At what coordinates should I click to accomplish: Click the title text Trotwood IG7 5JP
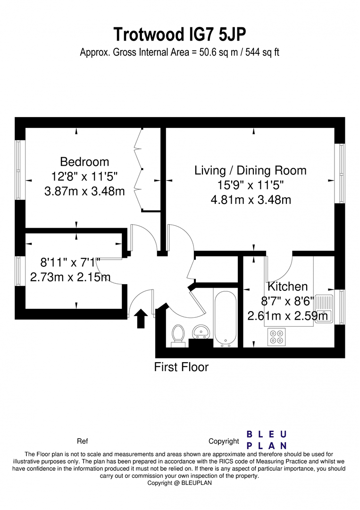(180, 34)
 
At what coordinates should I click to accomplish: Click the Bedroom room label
(84, 161)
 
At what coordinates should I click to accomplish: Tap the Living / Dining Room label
(251, 170)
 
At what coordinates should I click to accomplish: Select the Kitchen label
(287, 286)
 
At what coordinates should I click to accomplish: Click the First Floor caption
(181, 367)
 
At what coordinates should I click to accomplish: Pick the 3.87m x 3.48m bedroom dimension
(84, 191)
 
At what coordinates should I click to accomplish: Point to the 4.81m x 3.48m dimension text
(251, 200)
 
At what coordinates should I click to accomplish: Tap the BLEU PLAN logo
(267, 440)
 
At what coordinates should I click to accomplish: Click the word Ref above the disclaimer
(82, 442)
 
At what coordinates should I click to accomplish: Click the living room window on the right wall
(340, 173)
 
